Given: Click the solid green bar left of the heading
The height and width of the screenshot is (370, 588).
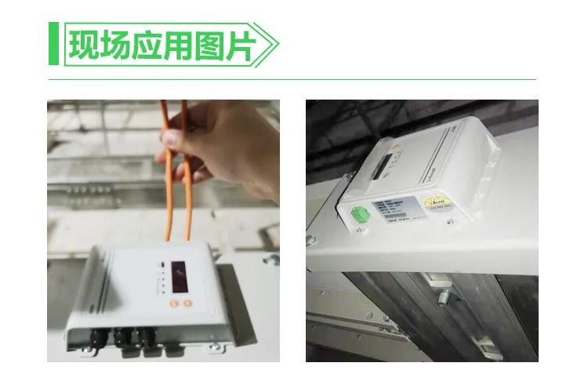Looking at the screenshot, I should [x=53, y=45].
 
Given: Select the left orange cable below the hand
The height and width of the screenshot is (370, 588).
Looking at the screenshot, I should [x=168, y=212].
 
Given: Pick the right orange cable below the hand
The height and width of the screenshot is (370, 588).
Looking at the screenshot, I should [x=188, y=212].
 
